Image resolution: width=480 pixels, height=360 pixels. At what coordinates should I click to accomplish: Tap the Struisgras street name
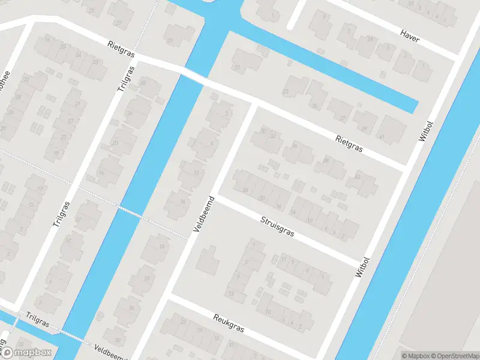278,227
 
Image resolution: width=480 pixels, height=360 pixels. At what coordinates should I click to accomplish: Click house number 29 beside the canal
170,41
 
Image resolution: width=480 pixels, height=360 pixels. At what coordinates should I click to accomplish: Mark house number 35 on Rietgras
314,106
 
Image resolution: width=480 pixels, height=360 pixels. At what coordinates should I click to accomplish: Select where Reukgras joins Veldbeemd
169,298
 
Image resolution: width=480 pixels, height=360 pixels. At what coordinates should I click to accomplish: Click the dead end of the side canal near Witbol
415,109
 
